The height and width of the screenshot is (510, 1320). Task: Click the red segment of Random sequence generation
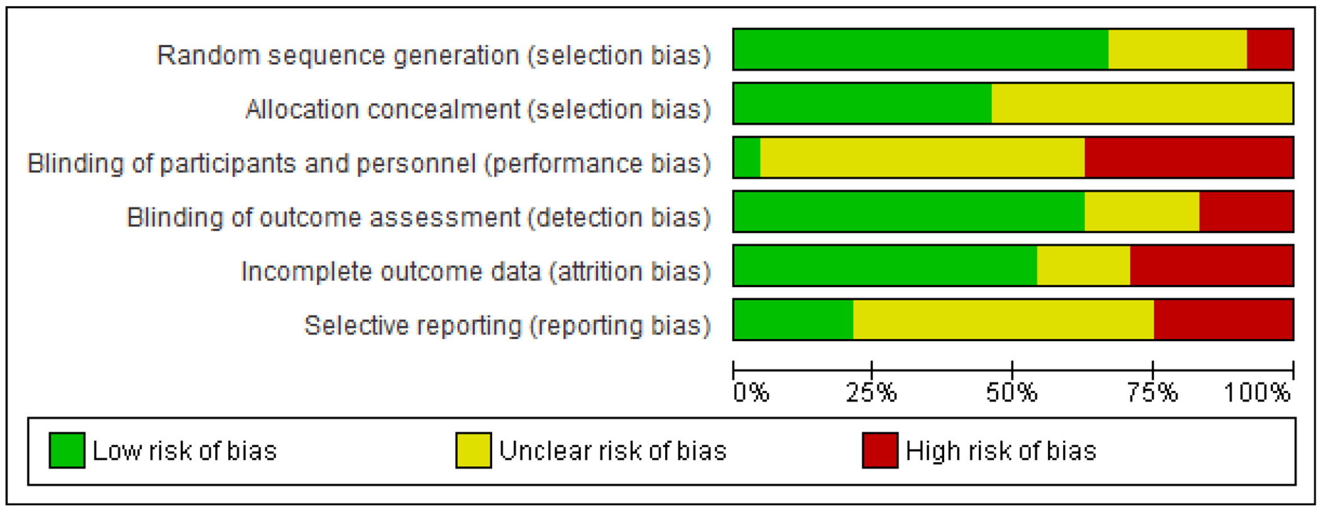1270,49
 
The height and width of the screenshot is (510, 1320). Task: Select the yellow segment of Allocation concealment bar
1142,103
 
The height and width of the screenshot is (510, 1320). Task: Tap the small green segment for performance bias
747,157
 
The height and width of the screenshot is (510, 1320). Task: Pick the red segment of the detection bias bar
1246,211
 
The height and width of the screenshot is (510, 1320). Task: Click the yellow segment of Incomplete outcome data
1084,265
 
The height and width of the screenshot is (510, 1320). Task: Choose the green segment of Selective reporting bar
793,319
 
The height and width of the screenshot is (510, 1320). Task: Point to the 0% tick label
751,393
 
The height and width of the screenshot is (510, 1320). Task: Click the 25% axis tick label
871,393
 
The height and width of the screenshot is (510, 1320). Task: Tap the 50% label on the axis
1011,393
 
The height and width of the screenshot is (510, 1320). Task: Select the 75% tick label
1152,393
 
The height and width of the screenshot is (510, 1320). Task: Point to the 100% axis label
1257,393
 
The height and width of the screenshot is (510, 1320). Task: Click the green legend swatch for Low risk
67,450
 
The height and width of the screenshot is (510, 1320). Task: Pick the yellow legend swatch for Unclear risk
473,450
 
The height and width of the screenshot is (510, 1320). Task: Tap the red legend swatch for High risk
880,450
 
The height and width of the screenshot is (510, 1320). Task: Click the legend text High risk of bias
1001,451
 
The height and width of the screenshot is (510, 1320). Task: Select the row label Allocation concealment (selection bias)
478,109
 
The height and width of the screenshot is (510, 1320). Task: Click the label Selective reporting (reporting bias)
507,325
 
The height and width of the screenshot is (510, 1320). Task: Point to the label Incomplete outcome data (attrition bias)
476,271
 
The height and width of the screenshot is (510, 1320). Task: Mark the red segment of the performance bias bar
1189,157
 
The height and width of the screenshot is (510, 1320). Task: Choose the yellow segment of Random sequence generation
1177,49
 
